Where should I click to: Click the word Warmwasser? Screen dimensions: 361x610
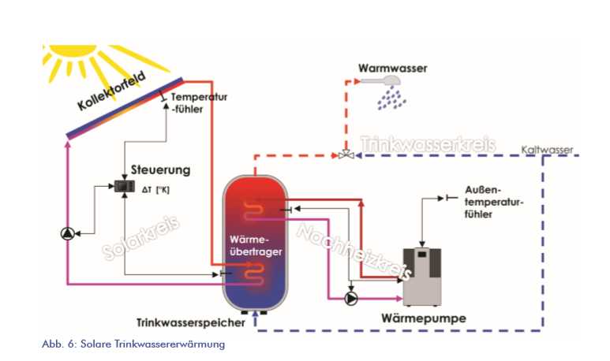click(x=393, y=69)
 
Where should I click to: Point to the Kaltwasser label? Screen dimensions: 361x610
click(x=552, y=149)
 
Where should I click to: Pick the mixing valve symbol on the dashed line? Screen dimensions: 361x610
click(x=345, y=155)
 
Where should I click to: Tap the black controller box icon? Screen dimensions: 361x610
click(x=124, y=187)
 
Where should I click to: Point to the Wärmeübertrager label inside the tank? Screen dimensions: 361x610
click(x=253, y=244)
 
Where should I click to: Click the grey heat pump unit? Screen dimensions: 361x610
click(x=422, y=276)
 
